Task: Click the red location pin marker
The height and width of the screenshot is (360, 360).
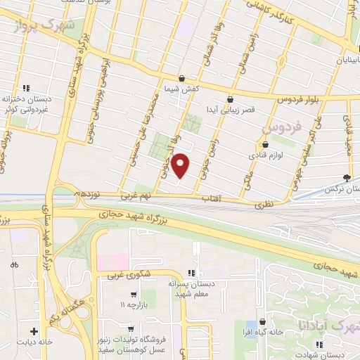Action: click(x=181, y=166)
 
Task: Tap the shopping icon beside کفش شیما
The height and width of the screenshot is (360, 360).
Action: click(x=182, y=78)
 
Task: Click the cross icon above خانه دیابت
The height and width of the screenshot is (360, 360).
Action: click(x=33, y=330)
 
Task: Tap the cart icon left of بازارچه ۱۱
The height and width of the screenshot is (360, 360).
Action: click(x=133, y=294)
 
